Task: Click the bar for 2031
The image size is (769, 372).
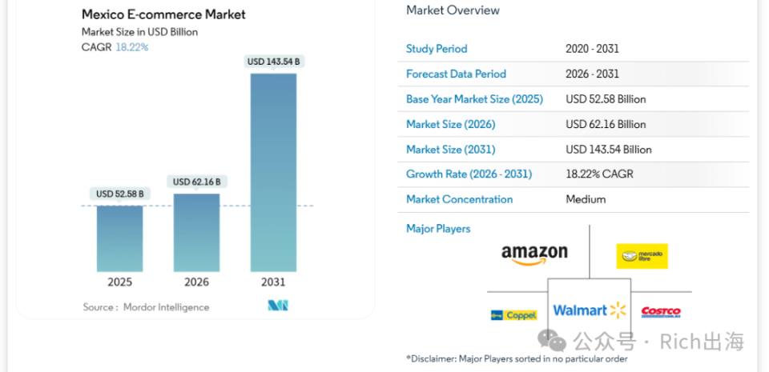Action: [x=273, y=172]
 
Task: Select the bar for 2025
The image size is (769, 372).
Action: [x=119, y=238]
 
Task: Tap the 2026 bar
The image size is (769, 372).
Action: [x=197, y=233]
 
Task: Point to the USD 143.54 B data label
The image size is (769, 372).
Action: [x=273, y=62]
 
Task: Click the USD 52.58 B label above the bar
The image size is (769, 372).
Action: [x=119, y=194]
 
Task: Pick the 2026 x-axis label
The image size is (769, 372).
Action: [x=197, y=282]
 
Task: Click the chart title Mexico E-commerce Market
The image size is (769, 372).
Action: [x=163, y=14]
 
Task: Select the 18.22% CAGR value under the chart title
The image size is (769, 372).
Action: [x=132, y=47]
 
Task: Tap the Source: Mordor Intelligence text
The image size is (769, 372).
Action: [x=146, y=307]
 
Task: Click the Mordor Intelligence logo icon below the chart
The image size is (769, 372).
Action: [x=278, y=306]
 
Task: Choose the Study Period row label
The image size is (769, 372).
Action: [x=437, y=49]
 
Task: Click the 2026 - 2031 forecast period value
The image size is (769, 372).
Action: [x=592, y=74]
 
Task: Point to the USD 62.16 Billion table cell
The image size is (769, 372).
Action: [x=606, y=124]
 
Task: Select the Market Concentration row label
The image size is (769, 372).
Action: [x=459, y=200]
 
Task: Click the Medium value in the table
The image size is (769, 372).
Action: [x=586, y=200]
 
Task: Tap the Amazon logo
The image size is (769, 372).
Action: [x=534, y=255]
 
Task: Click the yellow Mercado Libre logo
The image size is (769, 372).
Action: [x=642, y=256]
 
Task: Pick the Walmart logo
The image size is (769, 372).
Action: [x=590, y=310]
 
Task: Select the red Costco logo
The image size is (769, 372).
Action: [x=661, y=312]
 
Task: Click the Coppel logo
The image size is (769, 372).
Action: [x=513, y=315]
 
